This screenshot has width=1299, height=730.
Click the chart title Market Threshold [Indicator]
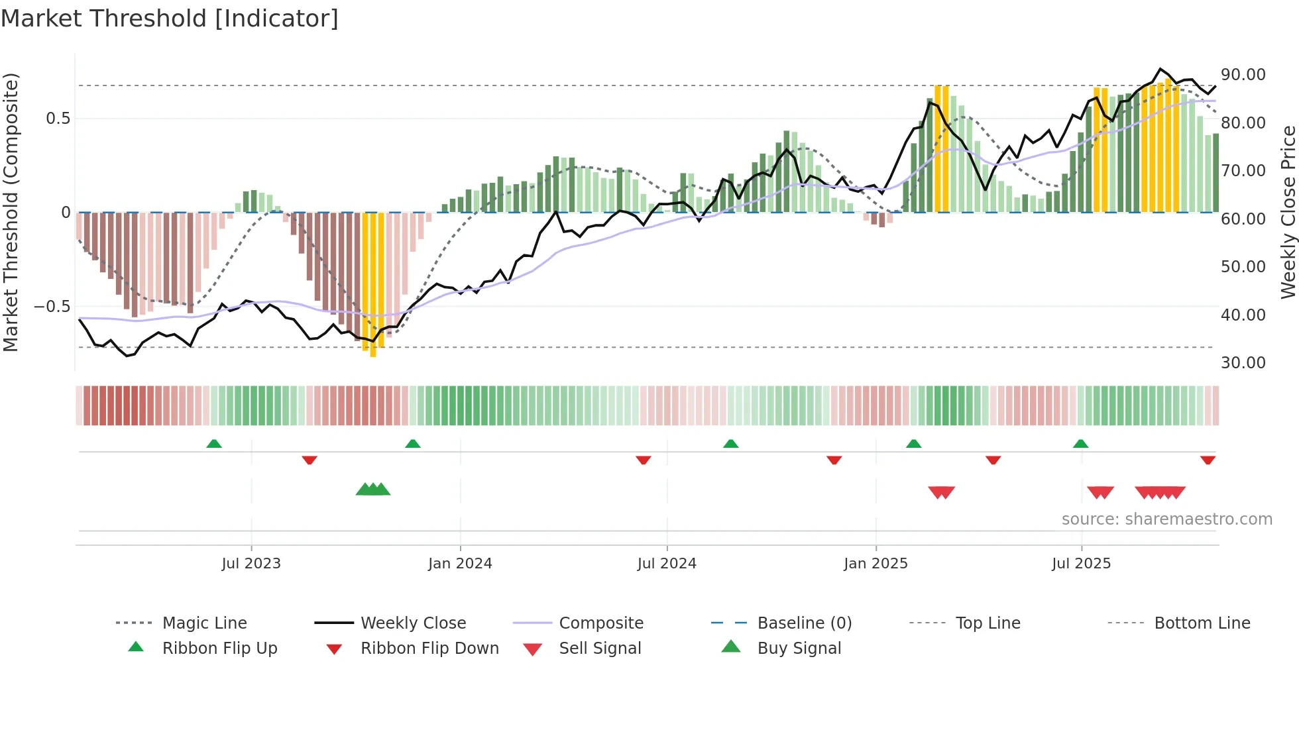[x=170, y=19]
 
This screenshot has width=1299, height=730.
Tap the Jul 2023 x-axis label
[x=251, y=564]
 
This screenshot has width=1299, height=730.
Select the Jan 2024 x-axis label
[x=460, y=564]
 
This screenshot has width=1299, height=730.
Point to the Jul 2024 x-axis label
[x=667, y=564]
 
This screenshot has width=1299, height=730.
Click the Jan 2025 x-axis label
[x=875, y=564]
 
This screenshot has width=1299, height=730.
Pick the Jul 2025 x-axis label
[x=1081, y=564]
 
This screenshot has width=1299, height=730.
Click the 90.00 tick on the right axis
[x=1243, y=75]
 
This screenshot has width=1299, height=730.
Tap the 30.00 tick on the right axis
[x=1243, y=363]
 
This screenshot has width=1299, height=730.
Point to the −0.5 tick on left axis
[x=52, y=307]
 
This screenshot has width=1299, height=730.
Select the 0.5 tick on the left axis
[x=58, y=119]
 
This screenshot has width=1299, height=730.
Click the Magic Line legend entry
[x=204, y=623]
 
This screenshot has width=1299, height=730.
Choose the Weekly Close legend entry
[x=413, y=623]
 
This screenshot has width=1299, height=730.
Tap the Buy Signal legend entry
[x=799, y=649]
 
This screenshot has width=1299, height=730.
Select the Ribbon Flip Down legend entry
[x=429, y=649]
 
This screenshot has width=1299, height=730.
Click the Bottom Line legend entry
[x=1202, y=623]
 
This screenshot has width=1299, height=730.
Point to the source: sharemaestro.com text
[x=1166, y=519]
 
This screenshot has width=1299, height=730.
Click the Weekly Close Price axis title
[x=1288, y=212]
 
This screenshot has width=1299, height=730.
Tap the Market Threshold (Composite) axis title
[x=11, y=212]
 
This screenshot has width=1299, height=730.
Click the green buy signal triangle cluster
[x=373, y=490]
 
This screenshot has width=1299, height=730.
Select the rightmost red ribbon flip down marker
[x=1208, y=460]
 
